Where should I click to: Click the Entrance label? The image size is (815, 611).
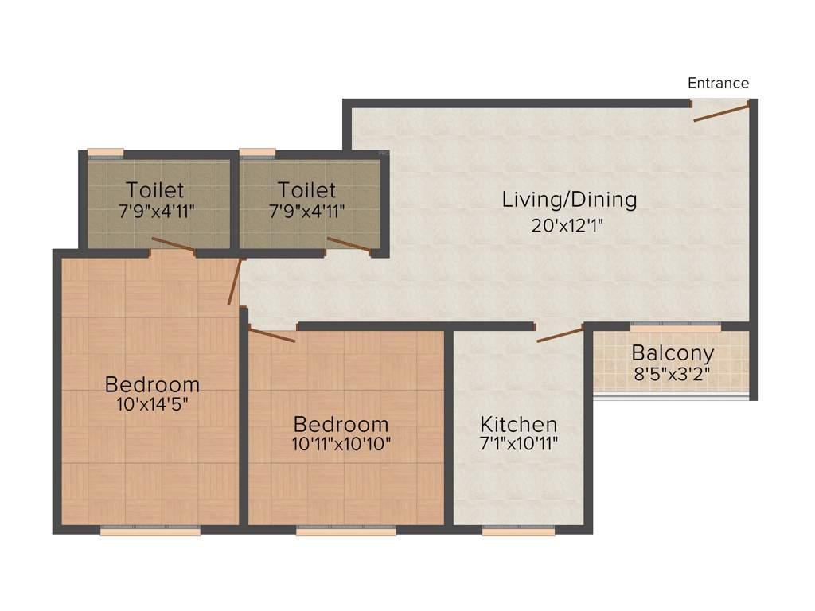click(718, 83)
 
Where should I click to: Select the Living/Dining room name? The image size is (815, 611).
click(569, 199)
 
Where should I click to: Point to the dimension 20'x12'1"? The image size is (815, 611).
click(568, 225)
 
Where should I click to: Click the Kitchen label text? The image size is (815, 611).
click(518, 423)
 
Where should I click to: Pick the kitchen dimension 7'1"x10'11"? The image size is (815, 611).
click(518, 444)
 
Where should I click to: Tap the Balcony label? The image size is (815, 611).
click(673, 352)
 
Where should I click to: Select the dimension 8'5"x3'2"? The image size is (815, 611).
click(673, 373)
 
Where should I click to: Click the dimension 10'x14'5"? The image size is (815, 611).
click(152, 404)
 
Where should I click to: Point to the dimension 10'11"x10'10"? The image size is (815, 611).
click(341, 444)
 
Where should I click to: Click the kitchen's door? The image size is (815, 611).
click(560, 335)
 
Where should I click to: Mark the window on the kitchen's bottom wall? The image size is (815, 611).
click(518, 531)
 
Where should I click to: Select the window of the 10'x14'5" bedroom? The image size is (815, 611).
click(150, 531)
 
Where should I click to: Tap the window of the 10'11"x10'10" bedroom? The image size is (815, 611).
click(345, 531)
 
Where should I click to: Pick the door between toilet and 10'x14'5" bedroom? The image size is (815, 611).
click(173, 245)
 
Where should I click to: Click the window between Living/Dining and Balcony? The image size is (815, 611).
click(675, 326)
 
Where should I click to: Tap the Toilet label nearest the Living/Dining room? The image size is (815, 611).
click(306, 190)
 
